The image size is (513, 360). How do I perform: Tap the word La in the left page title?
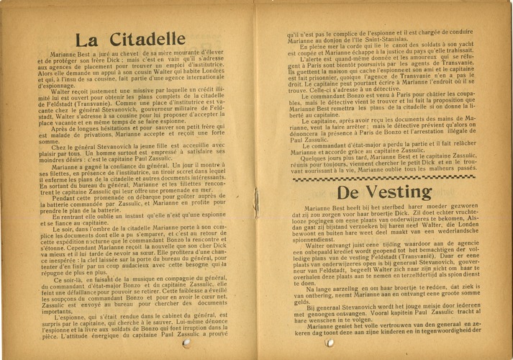pyautogui.click(x=90, y=41)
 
